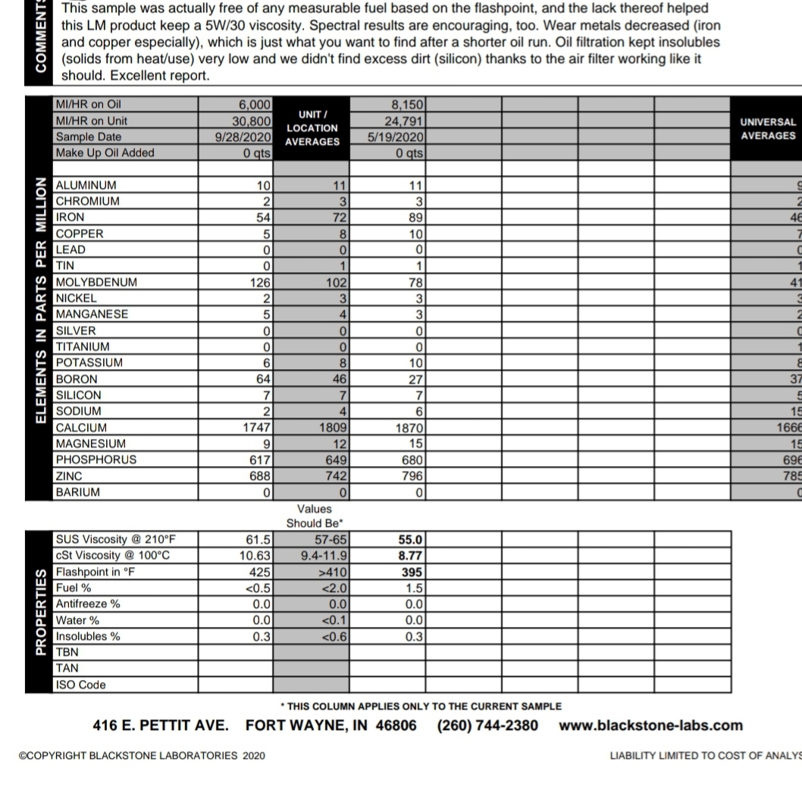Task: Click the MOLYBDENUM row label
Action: pyautogui.click(x=96, y=282)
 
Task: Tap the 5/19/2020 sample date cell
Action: pyautogui.click(x=395, y=137)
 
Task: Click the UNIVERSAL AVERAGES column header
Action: pyautogui.click(x=767, y=129)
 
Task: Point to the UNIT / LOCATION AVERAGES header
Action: pyautogui.click(x=312, y=128)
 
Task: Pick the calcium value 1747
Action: pyautogui.click(x=255, y=428)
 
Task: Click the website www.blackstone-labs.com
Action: pyautogui.click(x=651, y=725)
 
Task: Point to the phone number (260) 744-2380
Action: pyautogui.click(x=487, y=725)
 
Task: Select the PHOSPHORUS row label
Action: pyautogui.click(x=96, y=459)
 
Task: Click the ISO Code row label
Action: pyautogui.click(x=81, y=685)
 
